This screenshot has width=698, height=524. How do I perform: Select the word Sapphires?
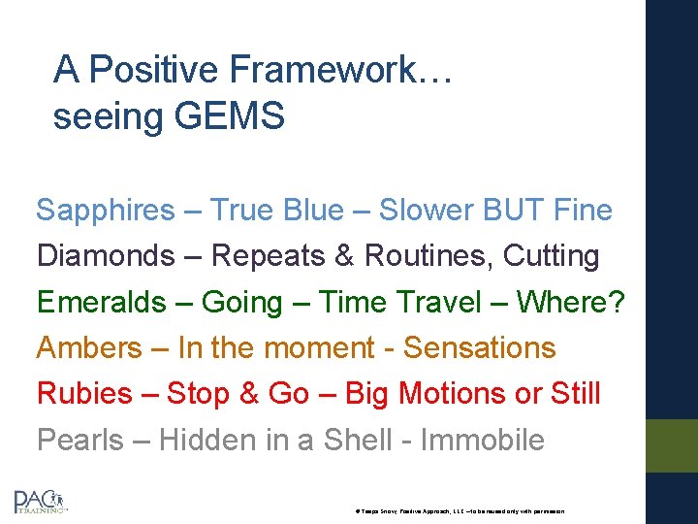click(106, 211)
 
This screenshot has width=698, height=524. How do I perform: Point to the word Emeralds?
click(102, 303)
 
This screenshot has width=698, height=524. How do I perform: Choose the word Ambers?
click(89, 347)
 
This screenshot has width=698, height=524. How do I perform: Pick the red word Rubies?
click(84, 394)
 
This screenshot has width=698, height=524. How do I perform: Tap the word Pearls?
click(80, 440)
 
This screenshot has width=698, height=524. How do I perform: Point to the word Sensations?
click(479, 347)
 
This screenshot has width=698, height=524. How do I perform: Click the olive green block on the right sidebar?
click(672, 445)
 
